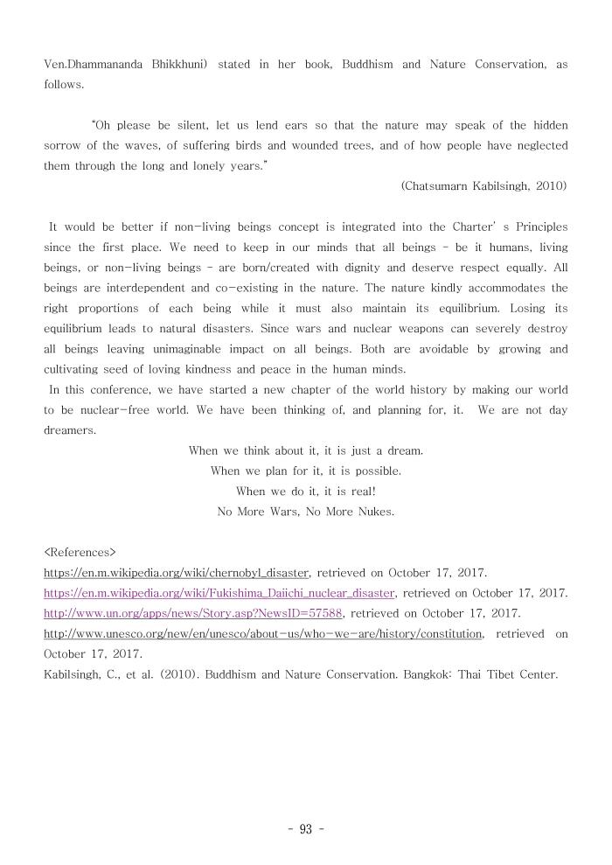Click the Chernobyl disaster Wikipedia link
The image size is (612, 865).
pos(176,574)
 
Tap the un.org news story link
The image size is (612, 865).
pos(193,613)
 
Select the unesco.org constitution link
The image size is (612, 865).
pos(262,633)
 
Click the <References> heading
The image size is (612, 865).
pos(80,554)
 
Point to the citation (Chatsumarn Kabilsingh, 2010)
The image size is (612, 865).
pos(483,185)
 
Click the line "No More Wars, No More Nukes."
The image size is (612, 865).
pos(305,513)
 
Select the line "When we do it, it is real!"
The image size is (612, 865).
pos(305,492)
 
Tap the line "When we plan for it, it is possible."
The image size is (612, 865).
pos(305,471)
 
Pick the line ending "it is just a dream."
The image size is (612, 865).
pos(305,450)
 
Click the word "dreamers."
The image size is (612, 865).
pos(71,430)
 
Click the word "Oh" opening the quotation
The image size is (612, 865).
pos(102,125)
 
